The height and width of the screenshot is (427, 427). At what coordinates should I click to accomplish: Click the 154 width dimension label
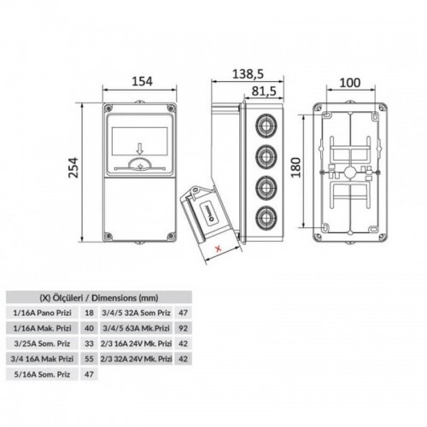coord(142,81)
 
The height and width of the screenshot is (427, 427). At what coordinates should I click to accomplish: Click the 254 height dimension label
coord(73,167)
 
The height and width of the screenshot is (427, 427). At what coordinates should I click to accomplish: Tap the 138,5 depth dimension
coord(248,74)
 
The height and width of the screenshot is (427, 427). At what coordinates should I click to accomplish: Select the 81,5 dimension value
coord(264,91)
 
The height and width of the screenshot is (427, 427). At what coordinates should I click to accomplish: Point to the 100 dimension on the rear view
coord(350,83)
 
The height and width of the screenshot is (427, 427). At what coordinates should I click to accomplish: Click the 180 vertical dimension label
coord(296,167)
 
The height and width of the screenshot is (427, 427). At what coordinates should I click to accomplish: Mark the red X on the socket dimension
coord(219,249)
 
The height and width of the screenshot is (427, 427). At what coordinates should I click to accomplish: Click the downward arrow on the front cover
coord(139,149)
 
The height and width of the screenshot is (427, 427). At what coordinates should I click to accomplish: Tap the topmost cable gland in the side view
coord(266,125)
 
